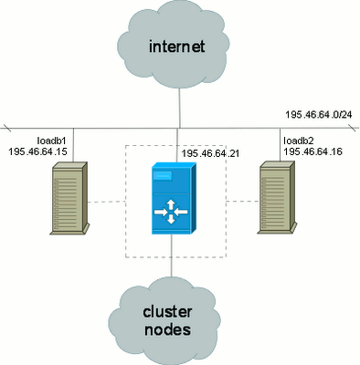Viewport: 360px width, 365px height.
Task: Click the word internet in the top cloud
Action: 176,47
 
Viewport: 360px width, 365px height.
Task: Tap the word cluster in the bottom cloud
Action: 167,312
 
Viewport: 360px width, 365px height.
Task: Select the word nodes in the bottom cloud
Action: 167,329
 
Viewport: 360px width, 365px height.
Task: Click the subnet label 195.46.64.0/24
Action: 319,115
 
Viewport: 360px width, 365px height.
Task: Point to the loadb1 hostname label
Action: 51,141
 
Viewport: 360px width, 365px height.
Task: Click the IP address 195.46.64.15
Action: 37,151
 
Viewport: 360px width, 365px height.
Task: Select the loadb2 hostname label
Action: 299,141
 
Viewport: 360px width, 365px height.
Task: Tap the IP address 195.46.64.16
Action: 313,151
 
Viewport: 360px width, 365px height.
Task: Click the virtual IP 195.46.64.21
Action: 210,153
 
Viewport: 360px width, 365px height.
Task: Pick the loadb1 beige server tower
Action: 69,198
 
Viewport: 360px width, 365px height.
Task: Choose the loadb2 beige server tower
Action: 277,197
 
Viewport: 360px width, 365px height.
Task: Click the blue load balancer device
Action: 174,198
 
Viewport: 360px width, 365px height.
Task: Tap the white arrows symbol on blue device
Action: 171,212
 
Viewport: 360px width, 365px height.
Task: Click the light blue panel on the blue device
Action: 163,176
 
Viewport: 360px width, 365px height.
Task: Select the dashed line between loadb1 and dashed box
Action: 107,202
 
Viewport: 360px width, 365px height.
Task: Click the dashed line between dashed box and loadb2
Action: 242,202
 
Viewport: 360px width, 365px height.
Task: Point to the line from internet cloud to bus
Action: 179,108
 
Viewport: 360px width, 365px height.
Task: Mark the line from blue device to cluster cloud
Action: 172,255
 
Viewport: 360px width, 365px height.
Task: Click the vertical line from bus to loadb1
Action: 73,145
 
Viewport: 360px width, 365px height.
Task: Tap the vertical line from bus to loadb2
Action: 281,145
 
